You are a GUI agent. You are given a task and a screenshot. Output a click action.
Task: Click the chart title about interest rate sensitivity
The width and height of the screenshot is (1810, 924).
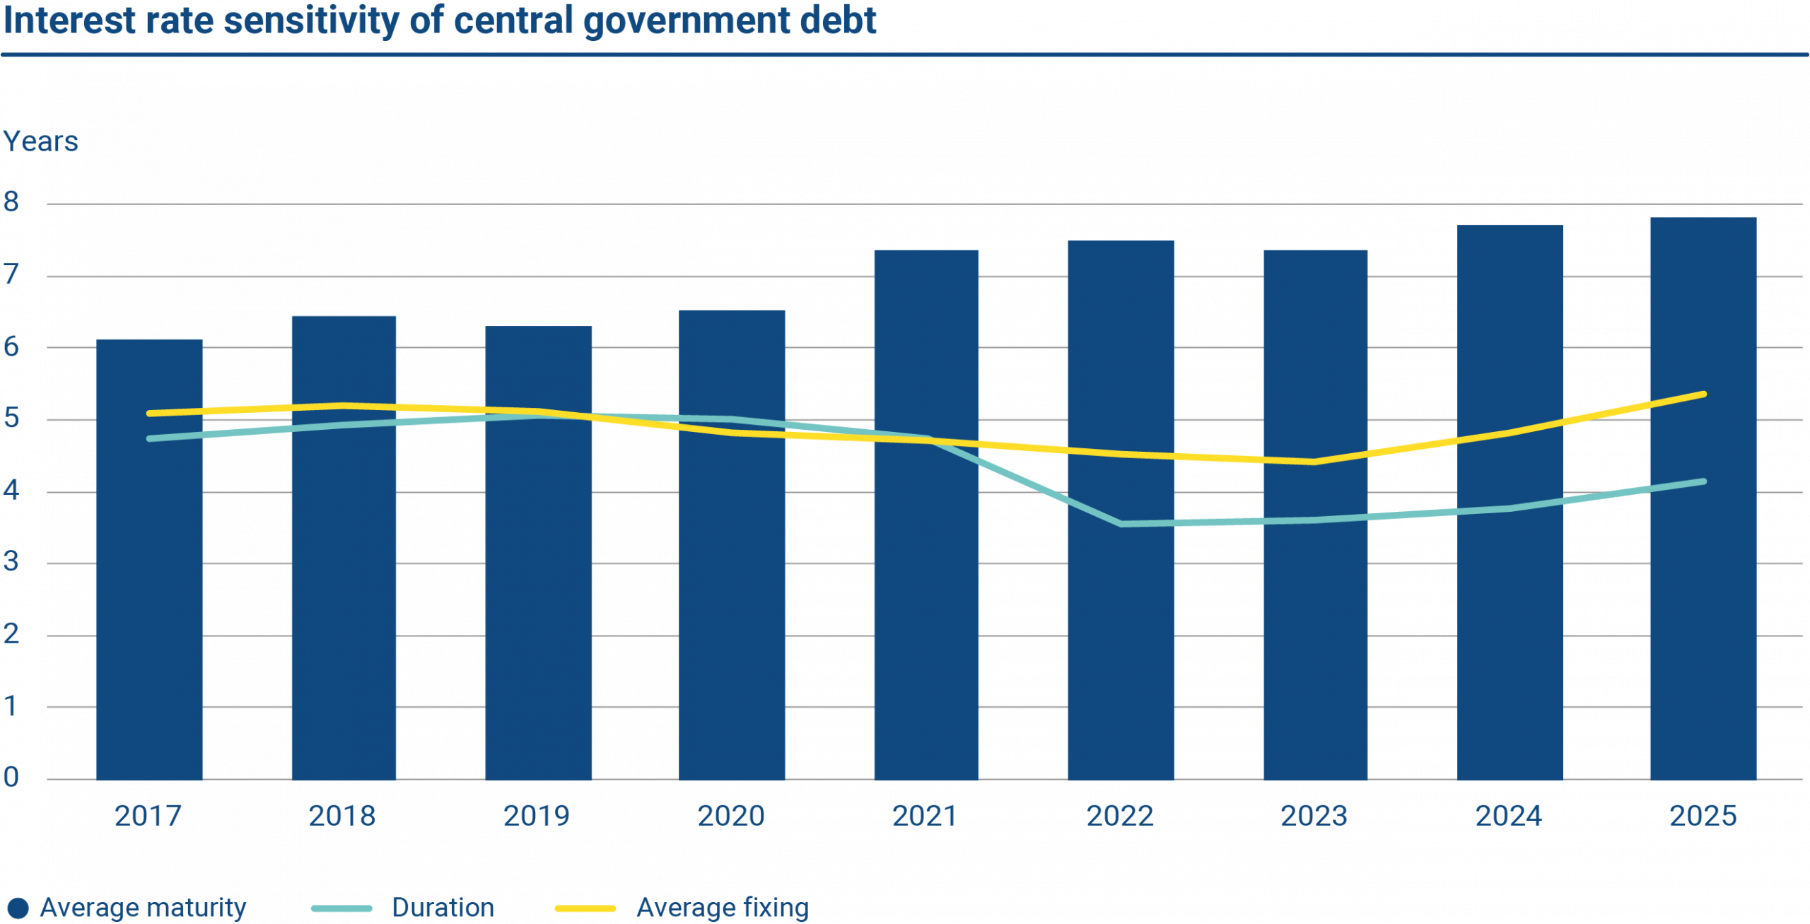(440, 21)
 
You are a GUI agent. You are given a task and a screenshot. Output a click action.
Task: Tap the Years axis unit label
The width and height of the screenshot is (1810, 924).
(41, 142)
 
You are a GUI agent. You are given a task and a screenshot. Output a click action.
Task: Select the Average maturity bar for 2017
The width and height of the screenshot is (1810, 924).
(150, 601)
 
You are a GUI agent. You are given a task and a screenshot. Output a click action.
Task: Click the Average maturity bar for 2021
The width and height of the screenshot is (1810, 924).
(926, 601)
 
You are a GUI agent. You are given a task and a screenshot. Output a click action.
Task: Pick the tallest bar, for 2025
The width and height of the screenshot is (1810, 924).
(1703, 601)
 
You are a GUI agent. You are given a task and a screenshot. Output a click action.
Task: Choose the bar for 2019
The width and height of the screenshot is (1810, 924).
(538, 601)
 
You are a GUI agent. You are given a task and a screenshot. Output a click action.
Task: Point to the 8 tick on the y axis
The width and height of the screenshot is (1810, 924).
(11, 203)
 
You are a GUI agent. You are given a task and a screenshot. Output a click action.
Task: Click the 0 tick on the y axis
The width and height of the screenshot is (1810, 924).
(11, 778)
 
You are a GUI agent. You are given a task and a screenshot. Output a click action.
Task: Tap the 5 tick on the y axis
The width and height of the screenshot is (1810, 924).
(11, 419)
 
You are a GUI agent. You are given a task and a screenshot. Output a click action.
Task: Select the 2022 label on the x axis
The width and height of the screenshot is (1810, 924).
(1120, 817)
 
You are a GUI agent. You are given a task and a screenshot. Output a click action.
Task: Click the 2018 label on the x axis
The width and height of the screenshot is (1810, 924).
(342, 817)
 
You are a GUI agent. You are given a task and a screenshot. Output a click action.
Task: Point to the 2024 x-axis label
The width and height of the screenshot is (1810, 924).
(1509, 817)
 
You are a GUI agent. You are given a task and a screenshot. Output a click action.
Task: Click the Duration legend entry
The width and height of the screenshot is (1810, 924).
(443, 908)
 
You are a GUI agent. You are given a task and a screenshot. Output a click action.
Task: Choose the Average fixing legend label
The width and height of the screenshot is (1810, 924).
(722, 908)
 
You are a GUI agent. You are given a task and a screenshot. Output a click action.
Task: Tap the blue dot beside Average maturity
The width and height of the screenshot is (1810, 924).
(18, 908)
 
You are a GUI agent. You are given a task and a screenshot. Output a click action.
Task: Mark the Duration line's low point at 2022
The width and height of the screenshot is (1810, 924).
(1121, 524)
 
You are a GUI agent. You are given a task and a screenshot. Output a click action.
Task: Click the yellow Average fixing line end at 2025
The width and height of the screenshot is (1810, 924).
(1703, 394)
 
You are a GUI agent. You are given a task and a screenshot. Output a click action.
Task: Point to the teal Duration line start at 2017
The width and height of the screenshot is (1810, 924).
(150, 439)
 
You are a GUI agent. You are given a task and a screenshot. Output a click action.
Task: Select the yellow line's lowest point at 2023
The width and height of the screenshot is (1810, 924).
(1314, 462)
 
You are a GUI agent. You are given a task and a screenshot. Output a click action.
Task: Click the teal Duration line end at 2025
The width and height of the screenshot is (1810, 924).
(1703, 482)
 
